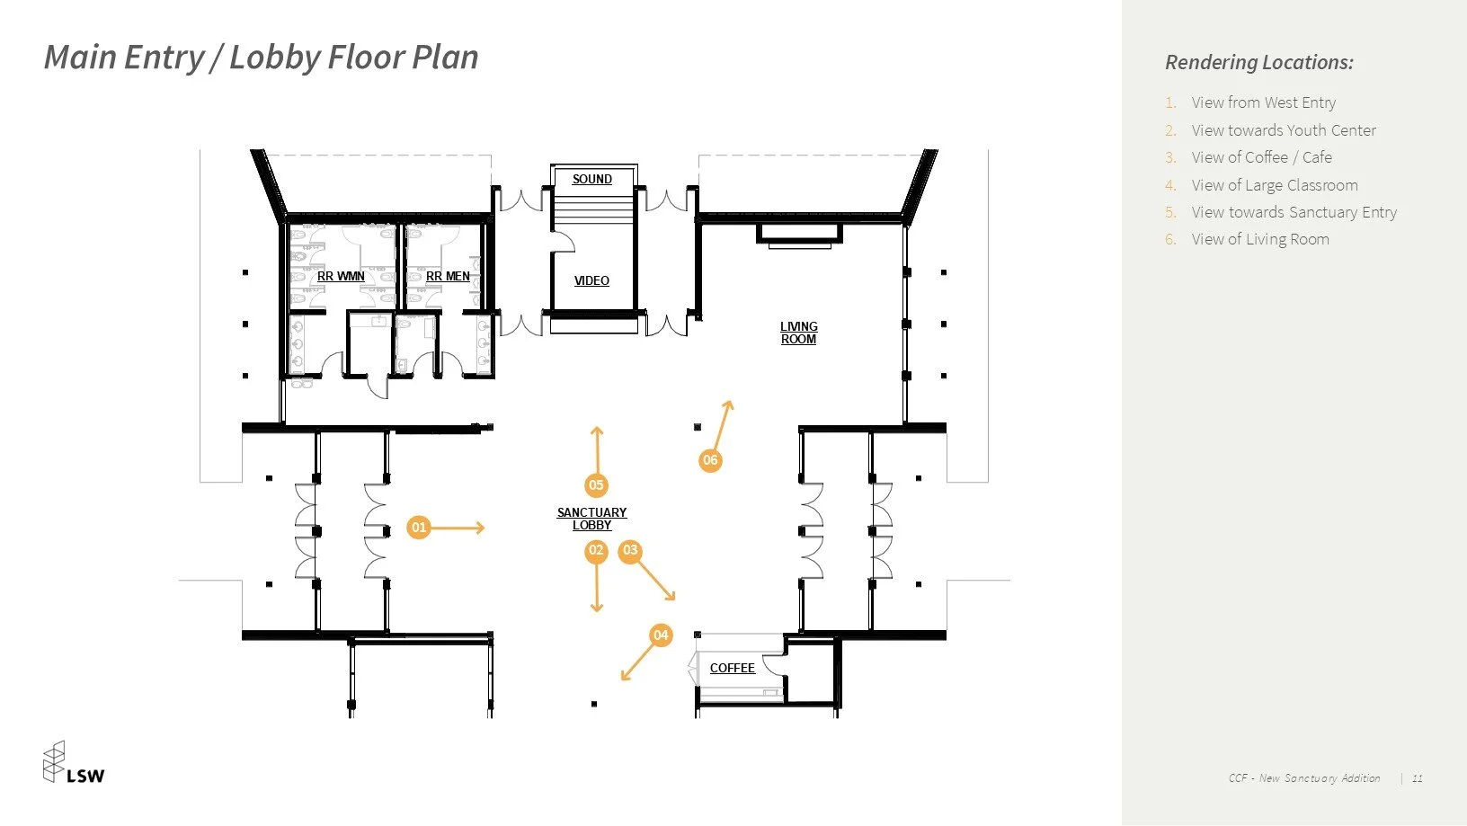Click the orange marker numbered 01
(x=419, y=528)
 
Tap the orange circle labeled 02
(x=596, y=551)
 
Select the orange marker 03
(x=630, y=551)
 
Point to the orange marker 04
(x=661, y=635)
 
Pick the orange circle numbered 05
(x=596, y=485)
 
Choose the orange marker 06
(x=710, y=460)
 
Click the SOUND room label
(x=592, y=180)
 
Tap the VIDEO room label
(x=591, y=281)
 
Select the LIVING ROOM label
(x=798, y=333)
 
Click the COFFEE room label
(x=733, y=668)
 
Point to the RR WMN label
(x=341, y=277)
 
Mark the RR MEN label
(x=448, y=277)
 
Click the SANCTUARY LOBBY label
(x=592, y=519)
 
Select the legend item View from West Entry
(x=1263, y=102)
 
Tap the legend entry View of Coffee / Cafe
(x=1261, y=157)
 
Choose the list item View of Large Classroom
(x=1275, y=185)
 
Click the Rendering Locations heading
(x=1258, y=62)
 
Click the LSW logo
(x=74, y=762)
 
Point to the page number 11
(x=1418, y=778)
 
